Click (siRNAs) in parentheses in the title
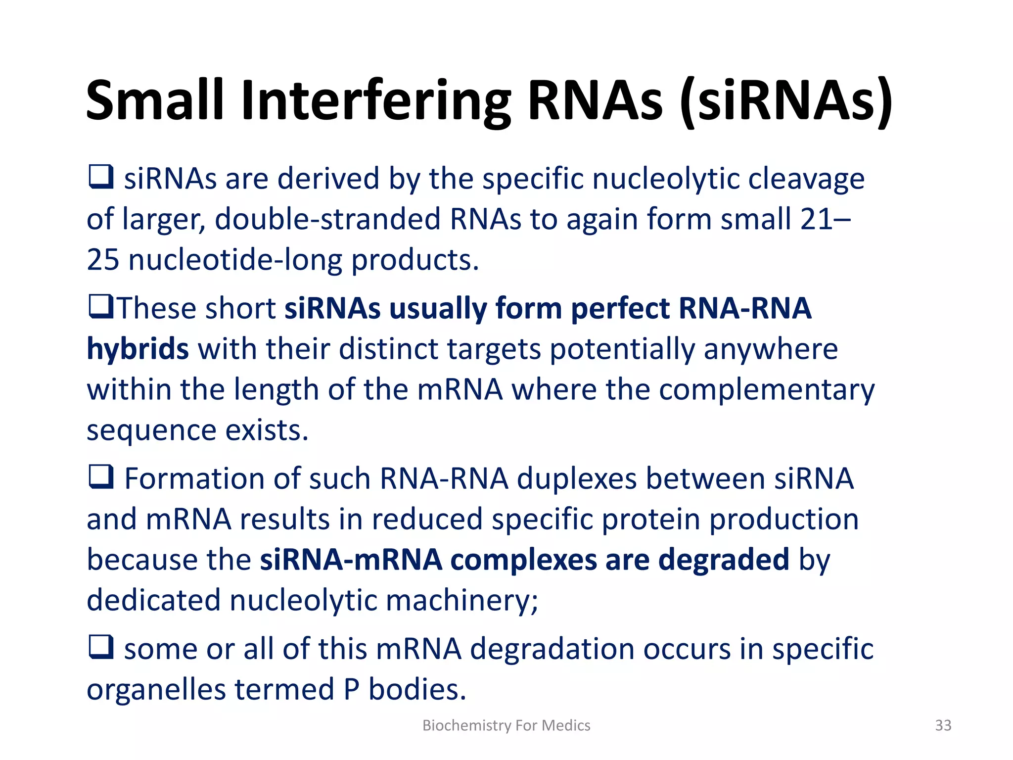[786, 101]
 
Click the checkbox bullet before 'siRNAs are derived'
[101, 177]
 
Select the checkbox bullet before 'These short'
[101, 306]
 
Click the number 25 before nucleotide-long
[103, 260]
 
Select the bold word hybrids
[138, 349]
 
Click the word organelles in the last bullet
[155, 689]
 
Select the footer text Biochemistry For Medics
[506, 725]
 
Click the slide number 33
[943, 725]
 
